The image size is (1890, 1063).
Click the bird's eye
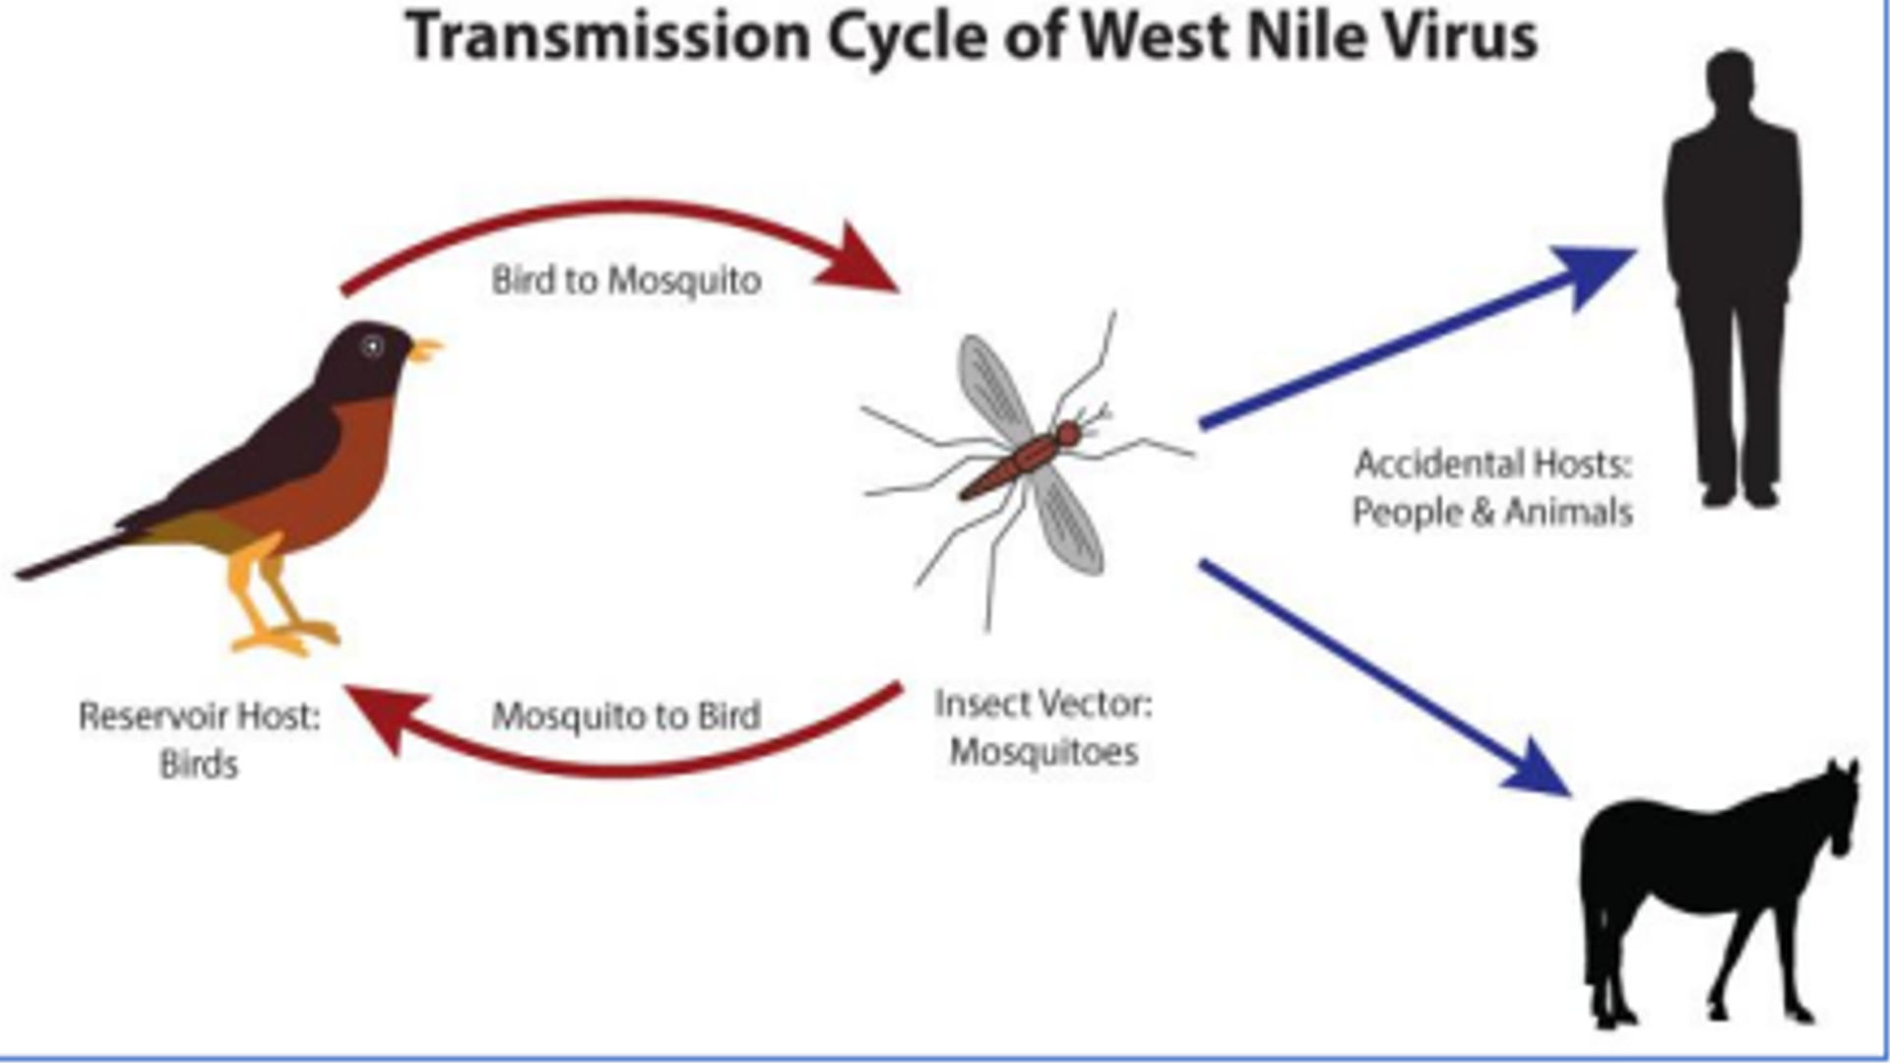coord(372,345)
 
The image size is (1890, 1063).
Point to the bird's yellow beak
coord(426,350)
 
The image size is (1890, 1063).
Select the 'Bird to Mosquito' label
coord(626,281)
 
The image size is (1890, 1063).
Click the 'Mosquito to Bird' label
coord(626,716)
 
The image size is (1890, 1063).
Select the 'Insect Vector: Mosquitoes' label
coord(1043,728)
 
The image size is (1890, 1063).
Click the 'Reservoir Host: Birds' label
coord(200,739)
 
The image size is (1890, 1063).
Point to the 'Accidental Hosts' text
coord(1493,464)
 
